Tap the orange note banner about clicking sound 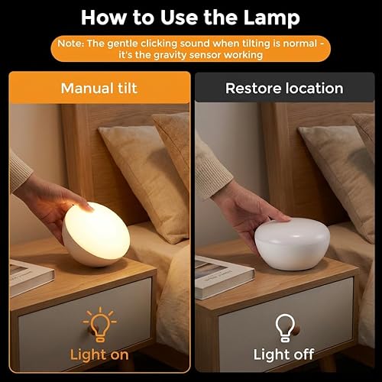coord(190,50)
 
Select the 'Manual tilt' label coord(99,88)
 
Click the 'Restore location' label coord(283,88)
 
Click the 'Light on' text coord(99,354)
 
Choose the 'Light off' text coord(283,354)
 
